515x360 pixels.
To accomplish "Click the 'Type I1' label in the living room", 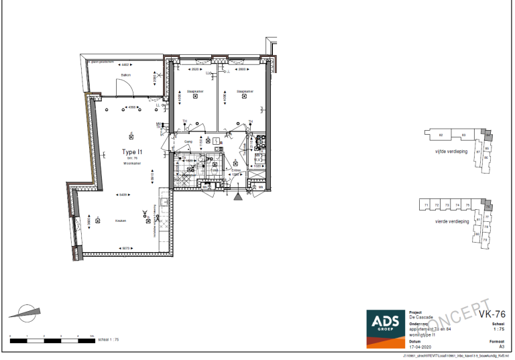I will point(132,152).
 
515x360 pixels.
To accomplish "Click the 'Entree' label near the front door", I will point(236,171).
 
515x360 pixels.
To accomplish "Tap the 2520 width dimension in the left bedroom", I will point(195,69).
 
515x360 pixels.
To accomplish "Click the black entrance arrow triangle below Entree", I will point(237,196).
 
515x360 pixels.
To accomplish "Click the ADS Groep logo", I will point(384,328).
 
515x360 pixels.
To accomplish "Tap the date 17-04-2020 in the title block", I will point(420,346).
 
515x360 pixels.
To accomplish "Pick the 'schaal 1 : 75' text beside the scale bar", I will point(108,340).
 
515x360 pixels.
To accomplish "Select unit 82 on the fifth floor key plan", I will point(441,135).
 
